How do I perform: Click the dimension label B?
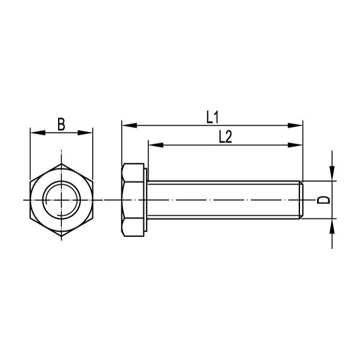(61, 123)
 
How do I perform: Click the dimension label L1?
(212, 116)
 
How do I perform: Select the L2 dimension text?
(224, 136)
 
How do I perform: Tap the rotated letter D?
(323, 200)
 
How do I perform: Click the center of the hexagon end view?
(61, 200)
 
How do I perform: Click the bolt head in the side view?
(132, 200)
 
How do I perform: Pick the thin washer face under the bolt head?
(147, 200)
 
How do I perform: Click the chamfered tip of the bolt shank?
(302, 200)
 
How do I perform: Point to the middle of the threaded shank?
(224, 200)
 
